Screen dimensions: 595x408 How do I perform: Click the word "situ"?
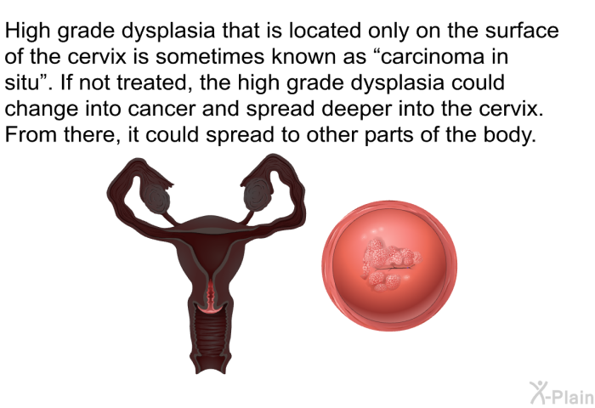(x=22, y=82)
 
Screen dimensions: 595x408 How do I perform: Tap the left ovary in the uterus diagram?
(x=156, y=199)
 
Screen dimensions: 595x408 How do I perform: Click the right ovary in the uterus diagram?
(x=256, y=195)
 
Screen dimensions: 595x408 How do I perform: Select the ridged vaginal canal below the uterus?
(x=211, y=336)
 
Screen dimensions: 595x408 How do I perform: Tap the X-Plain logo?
(x=562, y=393)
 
